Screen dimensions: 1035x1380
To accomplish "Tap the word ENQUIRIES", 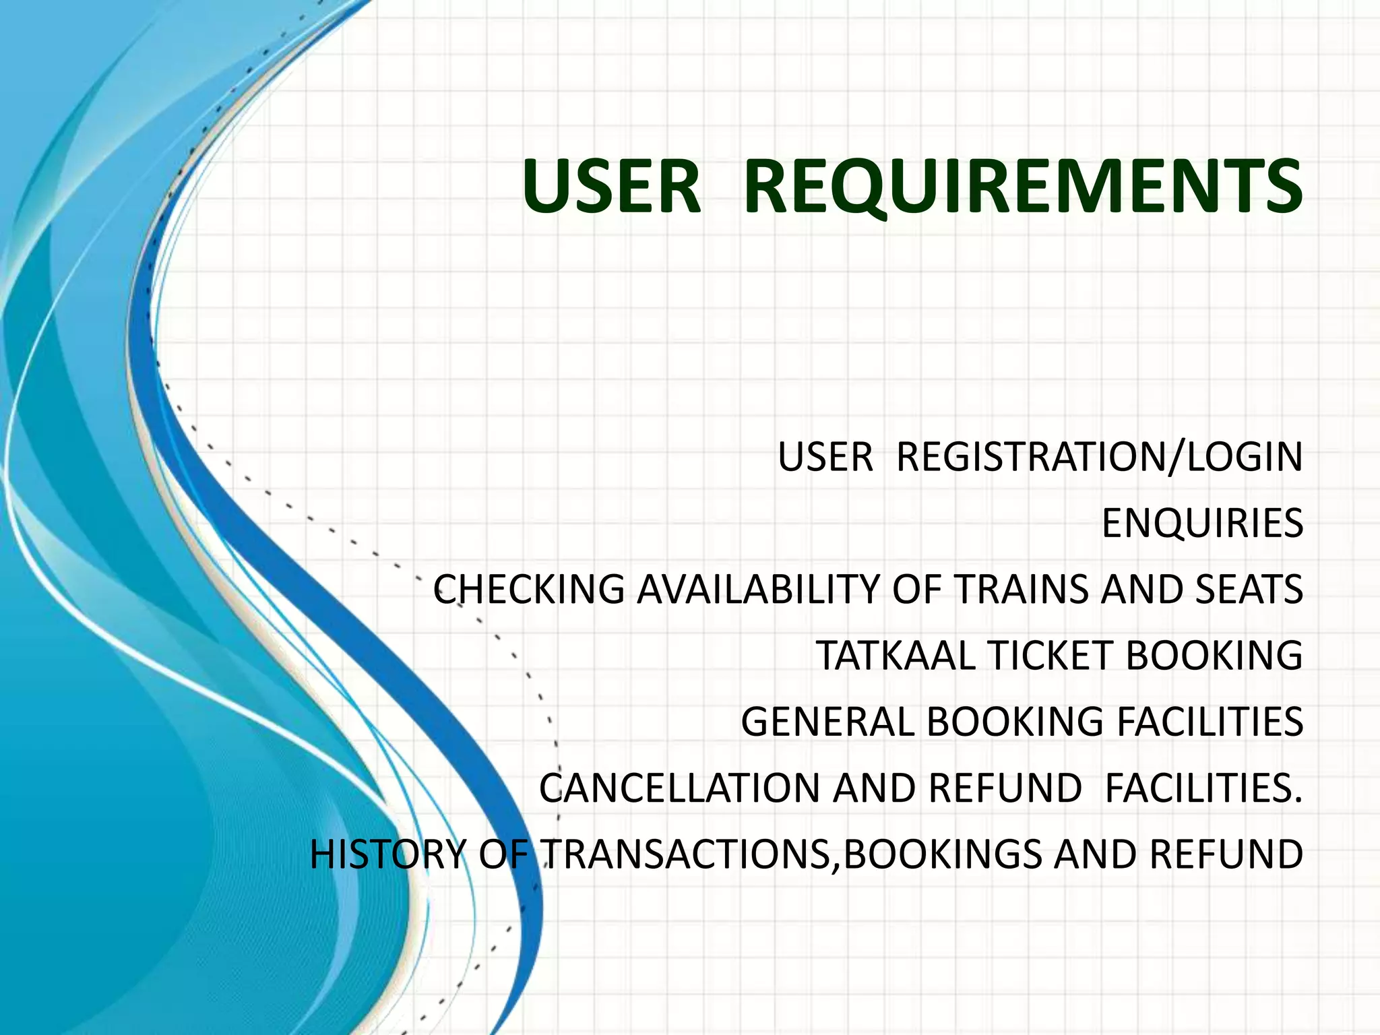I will pos(1202,524).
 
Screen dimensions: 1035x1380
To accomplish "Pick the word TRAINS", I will pos(1022,590).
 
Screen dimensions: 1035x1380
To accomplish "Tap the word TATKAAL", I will pos(896,656).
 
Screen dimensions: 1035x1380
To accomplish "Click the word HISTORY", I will pos(387,854).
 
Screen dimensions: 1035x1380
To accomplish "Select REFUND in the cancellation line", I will pos(1005,788).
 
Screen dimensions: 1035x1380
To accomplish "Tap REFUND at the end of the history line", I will pos(1226,854).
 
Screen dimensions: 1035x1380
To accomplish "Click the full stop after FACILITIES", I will pos(1298,801).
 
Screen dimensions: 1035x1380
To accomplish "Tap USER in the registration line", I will pos(825,458).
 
